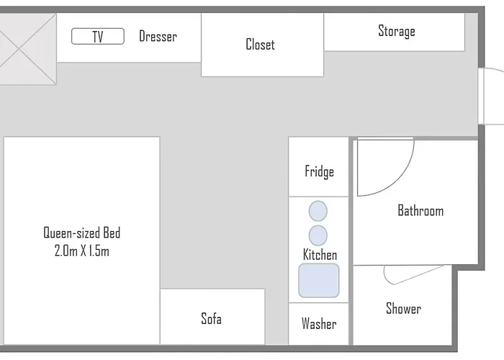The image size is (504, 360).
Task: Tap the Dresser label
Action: (x=158, y=37)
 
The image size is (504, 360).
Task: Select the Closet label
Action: (x=260, y=45)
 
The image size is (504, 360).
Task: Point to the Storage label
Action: (x=396, y=32)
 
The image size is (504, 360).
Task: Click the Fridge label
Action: (x=319, y=171)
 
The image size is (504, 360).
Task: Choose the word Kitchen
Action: (x=319, y=255)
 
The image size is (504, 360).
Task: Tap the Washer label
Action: (x=319, y=324)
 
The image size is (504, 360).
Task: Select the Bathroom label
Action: (x=420, y=211)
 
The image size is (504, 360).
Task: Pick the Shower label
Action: (x=403, y=309)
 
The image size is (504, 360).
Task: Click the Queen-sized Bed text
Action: (x=81, y=233)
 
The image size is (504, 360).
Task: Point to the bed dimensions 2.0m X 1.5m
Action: (x=81, y=251)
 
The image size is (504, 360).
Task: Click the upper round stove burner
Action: (x=318, y=212)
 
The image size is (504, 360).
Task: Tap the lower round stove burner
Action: (x=318, y=235)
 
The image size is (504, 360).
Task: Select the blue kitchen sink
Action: (x=319, y=280)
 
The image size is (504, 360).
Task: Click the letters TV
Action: (x=98, y=37)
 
